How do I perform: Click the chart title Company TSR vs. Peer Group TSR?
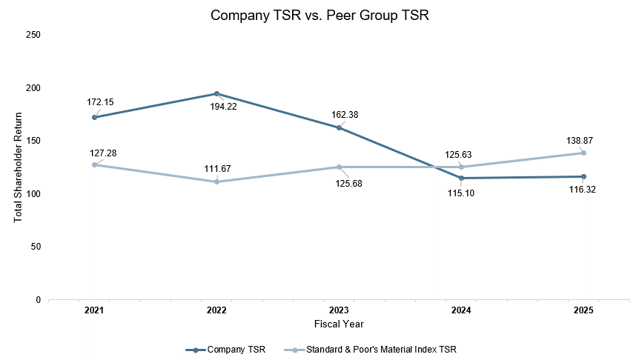[319, 16]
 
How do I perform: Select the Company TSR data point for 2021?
[95, 117]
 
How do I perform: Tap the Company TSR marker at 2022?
[216, 93]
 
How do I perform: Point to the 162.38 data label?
[345, 115]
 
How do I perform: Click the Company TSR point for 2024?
[461, 178]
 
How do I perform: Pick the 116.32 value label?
[583, 190]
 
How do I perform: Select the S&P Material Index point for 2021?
[95, 165]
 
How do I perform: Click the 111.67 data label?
[218, 169]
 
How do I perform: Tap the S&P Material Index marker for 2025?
[583, 153]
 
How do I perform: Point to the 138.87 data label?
[580, 141]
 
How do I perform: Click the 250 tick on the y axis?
[33, 35]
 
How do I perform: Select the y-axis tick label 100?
[33, 194]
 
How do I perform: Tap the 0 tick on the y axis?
[39, 300]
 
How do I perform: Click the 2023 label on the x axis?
[339, 310]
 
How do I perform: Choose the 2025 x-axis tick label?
[583, 310]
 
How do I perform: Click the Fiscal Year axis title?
[339, 324]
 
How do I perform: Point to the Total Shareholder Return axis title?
[18, 167]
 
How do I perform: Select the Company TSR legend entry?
[225, 350]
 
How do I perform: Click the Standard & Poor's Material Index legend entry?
[370, 350]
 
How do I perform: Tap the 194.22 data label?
[223, 107]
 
